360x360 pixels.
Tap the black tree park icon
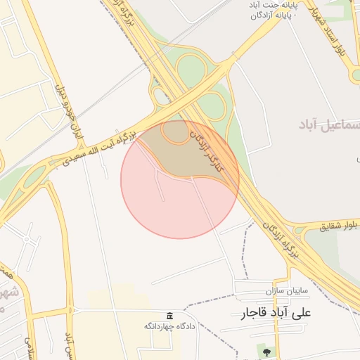click(x=266, y=349)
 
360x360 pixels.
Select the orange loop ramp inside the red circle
click(x=174, y=132)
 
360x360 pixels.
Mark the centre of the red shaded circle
click(x=180, y=179)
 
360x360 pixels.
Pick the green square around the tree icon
click(x=266, y=349)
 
